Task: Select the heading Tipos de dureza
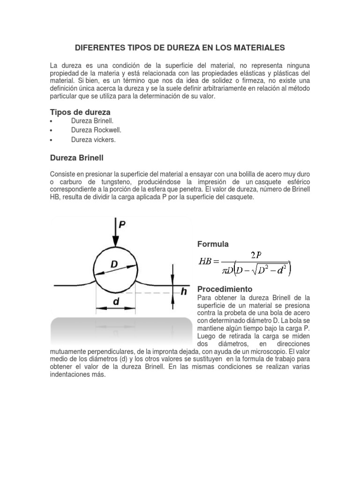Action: coord(80,112)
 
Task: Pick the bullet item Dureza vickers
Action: coord(93,140)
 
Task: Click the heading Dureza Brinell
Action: coord(80,158)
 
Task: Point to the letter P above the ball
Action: coord(122,225)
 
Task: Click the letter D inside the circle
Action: coord(114,265)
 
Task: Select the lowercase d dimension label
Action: coord(116,302)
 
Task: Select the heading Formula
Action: coord(213,244)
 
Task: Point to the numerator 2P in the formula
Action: coord(256,255)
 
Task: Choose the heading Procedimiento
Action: coord(225,289)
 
